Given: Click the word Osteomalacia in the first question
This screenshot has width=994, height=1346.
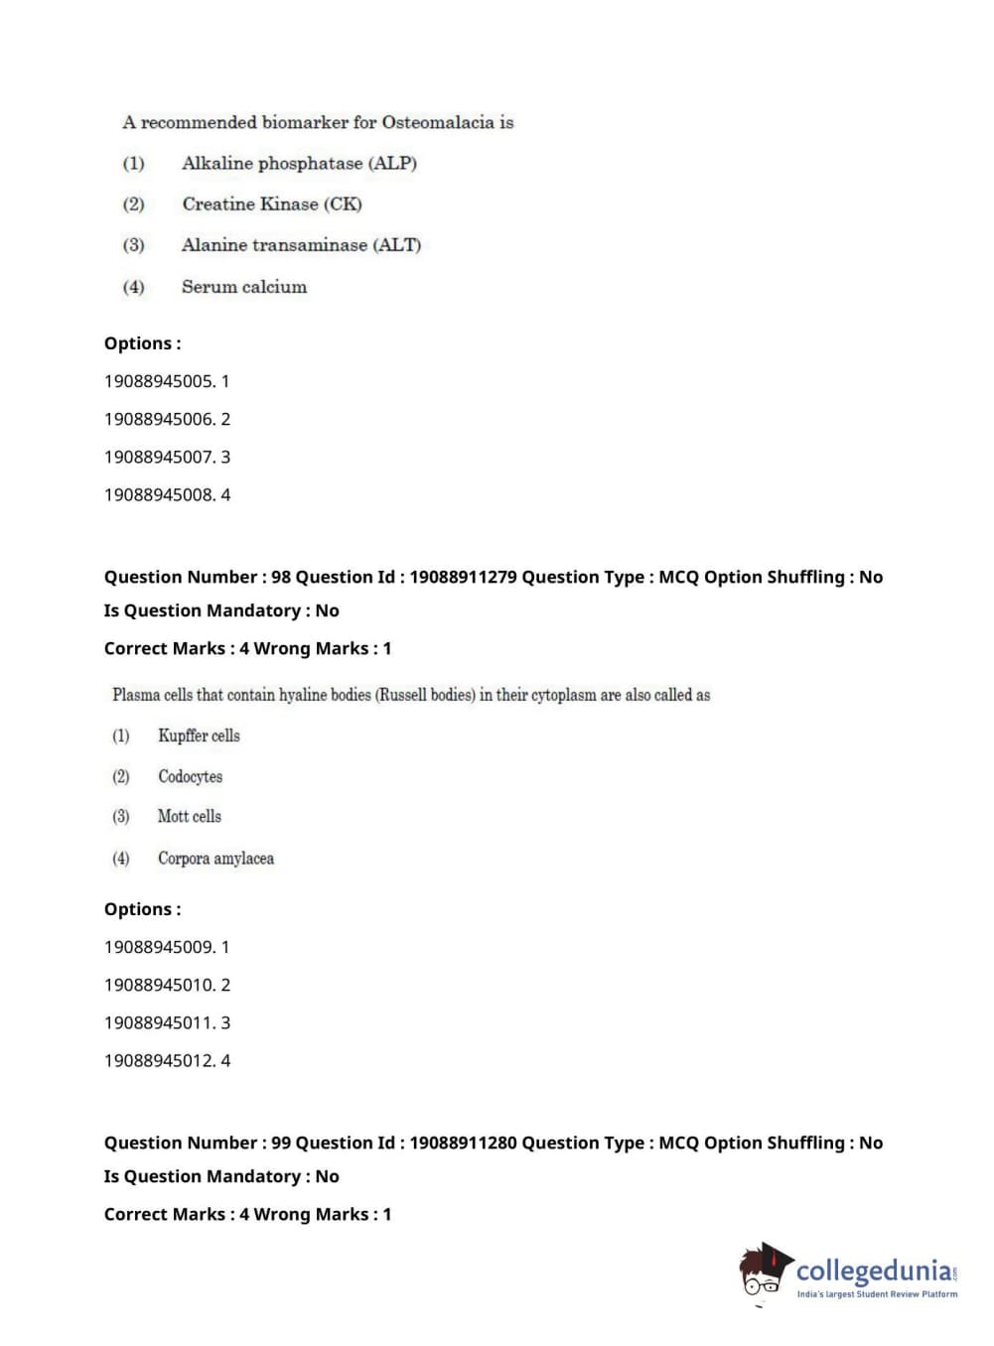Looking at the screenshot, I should coord(438,122).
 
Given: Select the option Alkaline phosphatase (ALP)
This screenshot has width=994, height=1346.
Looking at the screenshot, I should coord(299,163).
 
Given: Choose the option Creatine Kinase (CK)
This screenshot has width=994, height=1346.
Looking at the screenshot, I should coord(271,203).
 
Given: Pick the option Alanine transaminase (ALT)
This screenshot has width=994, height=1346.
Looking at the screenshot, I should coord(301,244).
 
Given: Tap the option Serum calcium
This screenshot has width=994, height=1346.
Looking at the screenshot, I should coord(243,287).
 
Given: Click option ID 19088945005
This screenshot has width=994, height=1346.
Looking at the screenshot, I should coord(159,381).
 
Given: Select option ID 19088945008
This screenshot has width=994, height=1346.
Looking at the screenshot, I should coord(159,494).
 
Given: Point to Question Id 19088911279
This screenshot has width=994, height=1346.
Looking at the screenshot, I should coord(463,577).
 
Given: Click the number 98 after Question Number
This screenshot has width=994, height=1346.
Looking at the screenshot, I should coord(281,577).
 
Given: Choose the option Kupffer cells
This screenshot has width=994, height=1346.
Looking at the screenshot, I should coord(199,736).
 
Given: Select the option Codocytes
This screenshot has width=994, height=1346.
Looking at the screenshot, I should coord(190,776).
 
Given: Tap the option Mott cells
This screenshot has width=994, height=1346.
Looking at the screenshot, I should coord(189,816).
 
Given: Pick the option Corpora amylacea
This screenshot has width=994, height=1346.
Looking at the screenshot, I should coord(215,858).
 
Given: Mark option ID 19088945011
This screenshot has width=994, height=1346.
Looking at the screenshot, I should coord(159,1022).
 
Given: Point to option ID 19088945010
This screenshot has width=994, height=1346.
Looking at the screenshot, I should coord(159,985).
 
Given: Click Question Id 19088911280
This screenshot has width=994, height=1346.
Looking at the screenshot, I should coord(463,1143).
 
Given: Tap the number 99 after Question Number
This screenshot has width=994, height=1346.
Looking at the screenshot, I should coord(281,1143).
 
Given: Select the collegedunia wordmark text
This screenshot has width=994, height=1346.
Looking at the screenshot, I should coord(873,1271).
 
